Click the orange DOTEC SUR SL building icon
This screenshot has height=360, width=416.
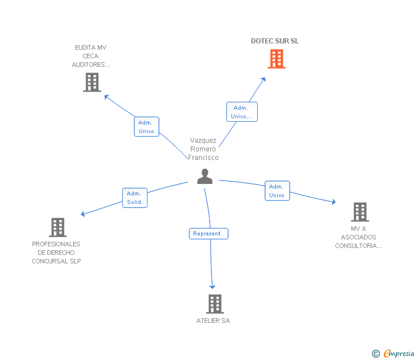[277, 59]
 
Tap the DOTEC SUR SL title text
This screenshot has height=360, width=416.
[275, 41]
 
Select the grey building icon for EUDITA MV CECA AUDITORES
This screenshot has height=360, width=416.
[91, 82]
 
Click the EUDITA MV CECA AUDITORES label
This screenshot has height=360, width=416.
[91, 56]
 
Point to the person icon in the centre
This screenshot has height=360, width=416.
[205, 177]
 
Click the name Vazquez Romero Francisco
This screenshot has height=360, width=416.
[203, 149]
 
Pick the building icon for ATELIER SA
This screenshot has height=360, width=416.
[214, 303]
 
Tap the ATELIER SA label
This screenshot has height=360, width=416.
[213, 321]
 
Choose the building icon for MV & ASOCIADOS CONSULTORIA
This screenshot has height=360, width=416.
[359, 212]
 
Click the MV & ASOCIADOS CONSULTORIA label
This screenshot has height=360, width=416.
[358, 237]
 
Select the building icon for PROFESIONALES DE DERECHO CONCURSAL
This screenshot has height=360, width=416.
[58, 227]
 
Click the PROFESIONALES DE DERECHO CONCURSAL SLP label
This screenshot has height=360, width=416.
[56, 253]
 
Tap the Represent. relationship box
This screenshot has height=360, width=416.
[209, 234]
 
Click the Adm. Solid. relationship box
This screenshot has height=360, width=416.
[135, 198]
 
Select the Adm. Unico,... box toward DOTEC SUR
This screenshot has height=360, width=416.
[242, 112]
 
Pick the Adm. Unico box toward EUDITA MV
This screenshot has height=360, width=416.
[146, 127]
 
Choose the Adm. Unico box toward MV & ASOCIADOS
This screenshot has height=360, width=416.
[277, 191]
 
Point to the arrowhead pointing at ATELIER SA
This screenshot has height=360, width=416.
[213, 286]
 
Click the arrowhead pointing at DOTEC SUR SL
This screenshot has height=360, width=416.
[263, 79]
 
